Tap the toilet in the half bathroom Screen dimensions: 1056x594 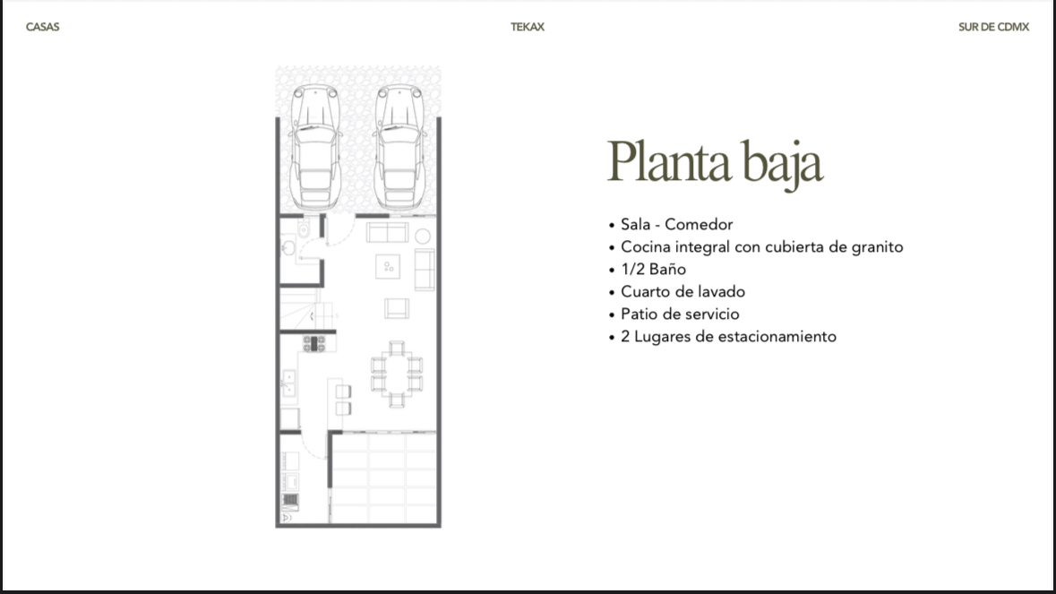click(x=304, y=229)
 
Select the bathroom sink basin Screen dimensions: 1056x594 click(x=288, y=248)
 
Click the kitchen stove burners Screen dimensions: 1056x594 click(x=313, y=343)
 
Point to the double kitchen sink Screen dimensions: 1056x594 click(x=289, y=383)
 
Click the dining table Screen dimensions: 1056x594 click(x=397, y=374)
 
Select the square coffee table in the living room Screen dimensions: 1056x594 click(x=388, y=267)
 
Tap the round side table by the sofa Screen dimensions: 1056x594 click(x=422, y=236)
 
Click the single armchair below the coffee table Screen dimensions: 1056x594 click(x=397, y=308)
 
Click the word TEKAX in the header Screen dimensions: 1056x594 click(x=528, y=27)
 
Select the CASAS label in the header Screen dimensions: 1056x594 click(x=42, y=27)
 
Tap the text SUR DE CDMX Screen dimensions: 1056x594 click(x=994, y=27)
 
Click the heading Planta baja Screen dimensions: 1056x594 click(x=715, y=162)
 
